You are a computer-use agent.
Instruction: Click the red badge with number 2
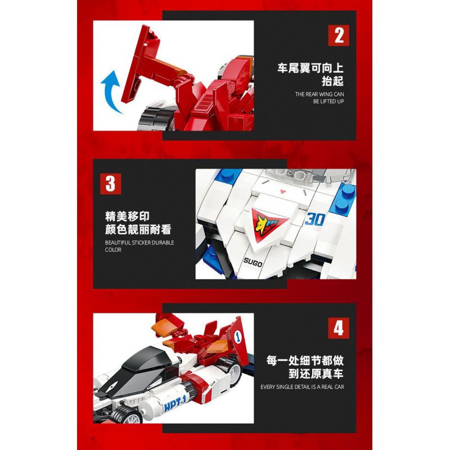tap(339, 35)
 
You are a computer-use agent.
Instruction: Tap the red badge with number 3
tap(110, 183)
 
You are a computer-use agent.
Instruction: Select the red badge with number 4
tap(339, 328)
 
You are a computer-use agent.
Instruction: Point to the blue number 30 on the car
tap(315, 220)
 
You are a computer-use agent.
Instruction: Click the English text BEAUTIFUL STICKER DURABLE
tap(139, 242)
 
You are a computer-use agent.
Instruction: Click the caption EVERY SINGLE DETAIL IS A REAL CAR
tap(302, 386)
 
